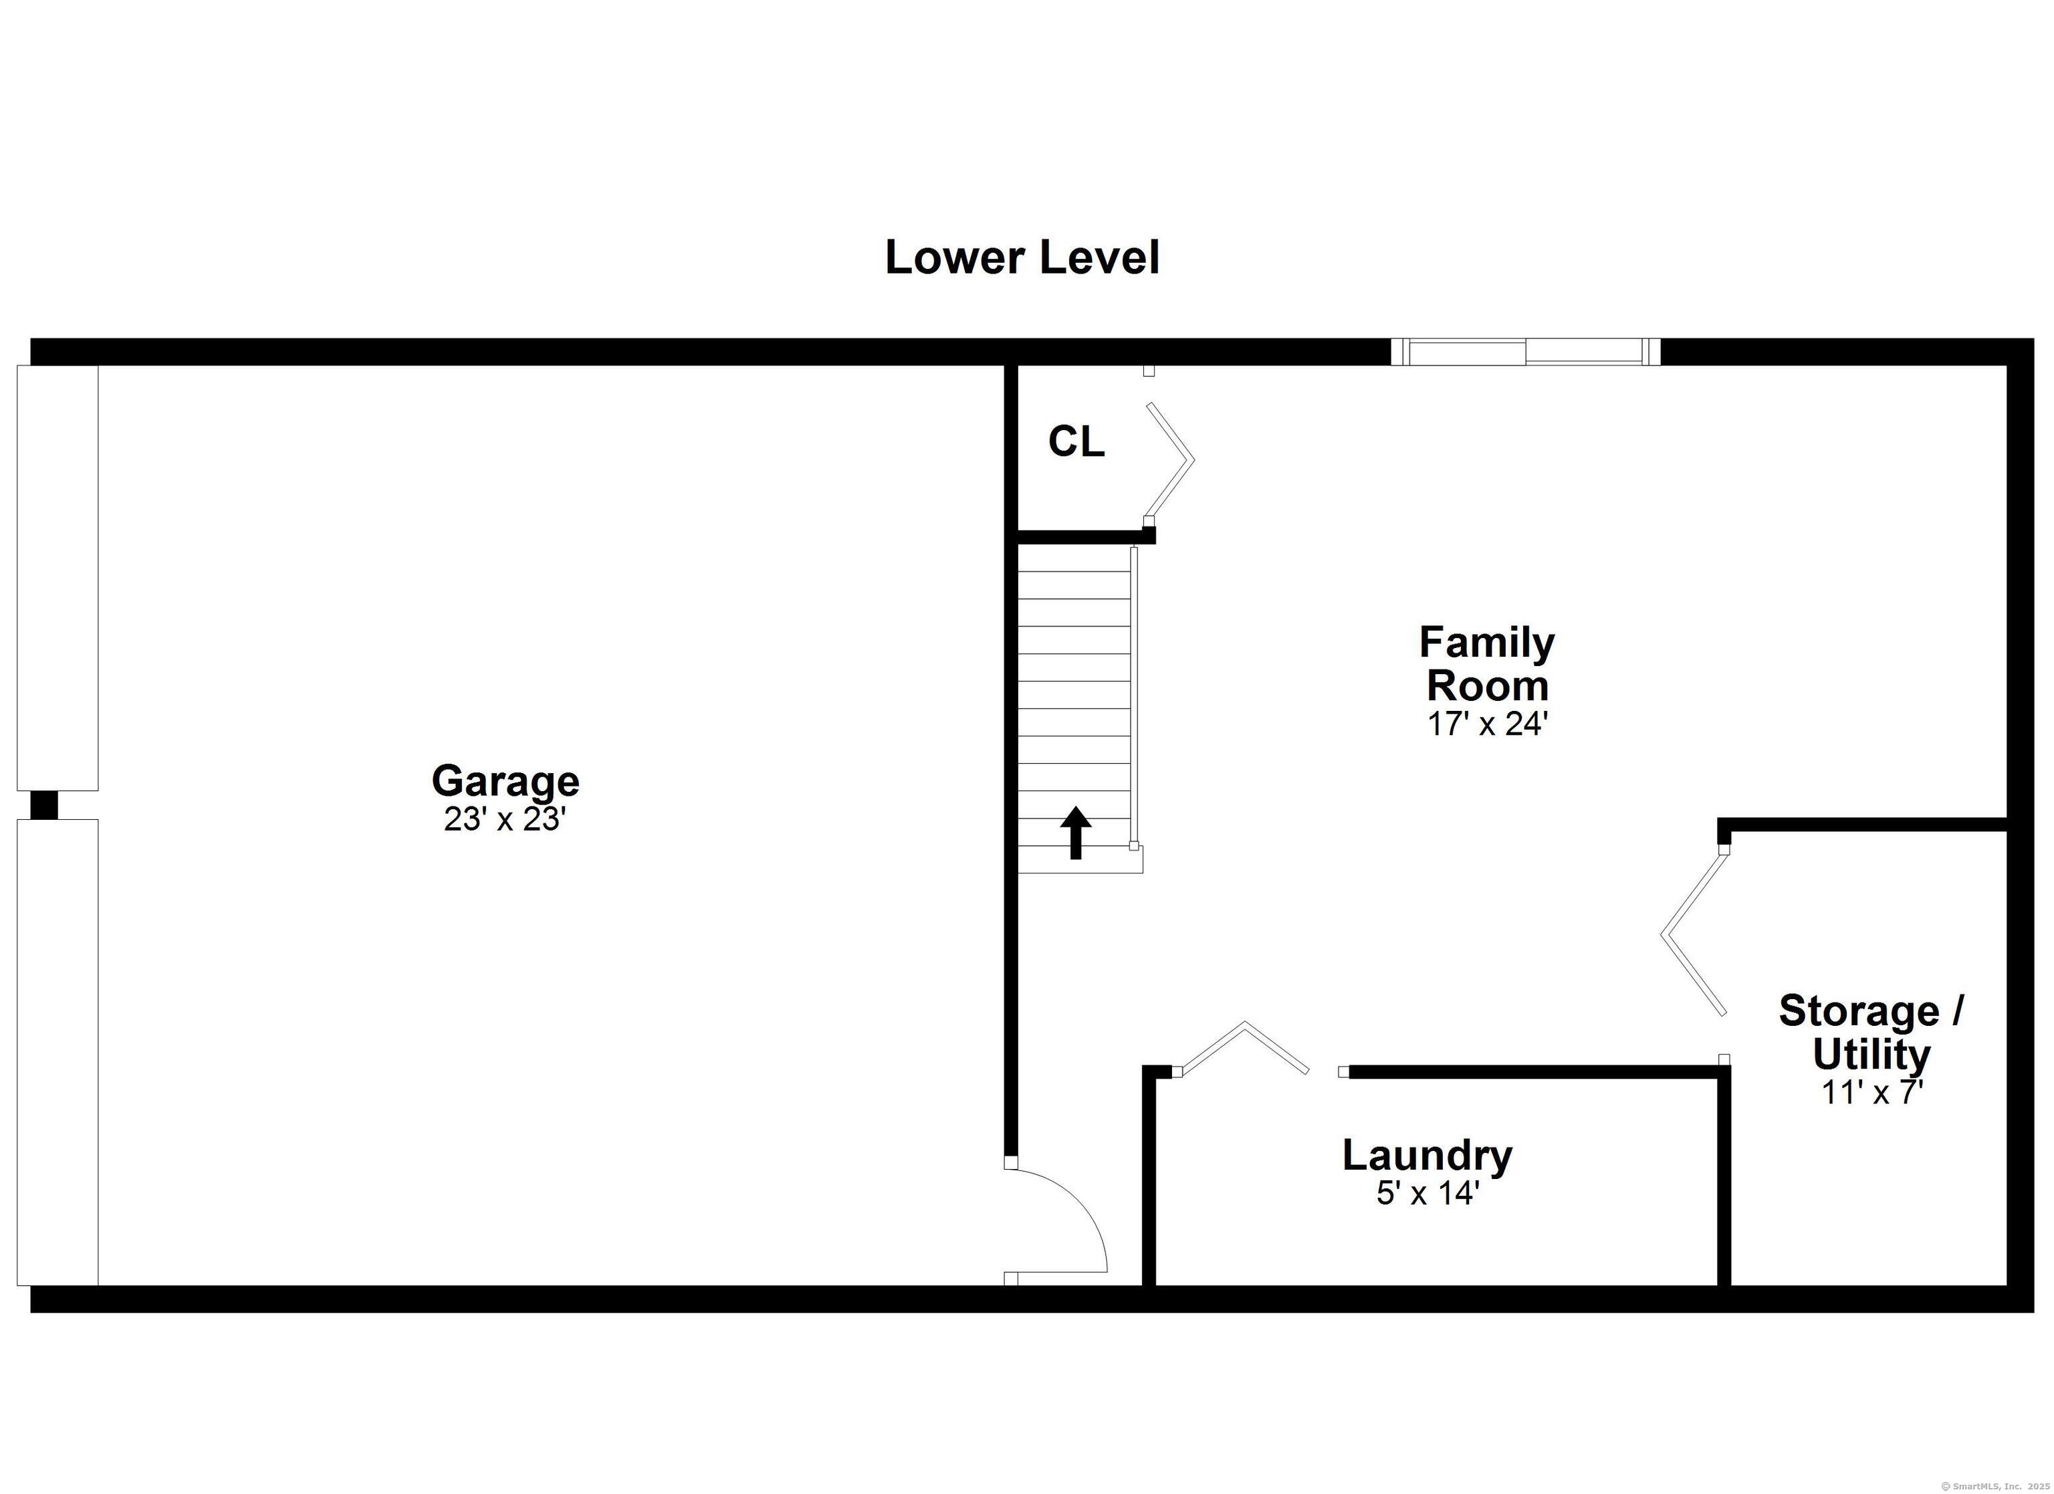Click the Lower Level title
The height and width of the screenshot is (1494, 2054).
coord(1022,257)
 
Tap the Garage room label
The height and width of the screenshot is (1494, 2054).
coord(505,781)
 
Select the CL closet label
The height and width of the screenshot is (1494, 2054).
coord(1076,441)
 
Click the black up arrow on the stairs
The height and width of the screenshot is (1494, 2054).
coord(1076,832)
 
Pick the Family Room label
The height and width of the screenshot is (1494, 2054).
coord(1487,664)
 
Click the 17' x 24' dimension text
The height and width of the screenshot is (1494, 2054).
coord(1487,724)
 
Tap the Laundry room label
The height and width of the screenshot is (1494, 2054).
coord(1428,1155)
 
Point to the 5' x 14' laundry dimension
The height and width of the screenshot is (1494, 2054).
coord(1428,1193)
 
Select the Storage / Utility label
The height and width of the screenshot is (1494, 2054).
coord(1871,1032)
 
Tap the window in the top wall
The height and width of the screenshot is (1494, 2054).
coord(1525,352)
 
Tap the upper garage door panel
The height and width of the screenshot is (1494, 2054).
coord(57,578)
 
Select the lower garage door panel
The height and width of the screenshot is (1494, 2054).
coord(57,1052)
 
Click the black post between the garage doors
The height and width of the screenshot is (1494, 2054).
coord(44,805)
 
